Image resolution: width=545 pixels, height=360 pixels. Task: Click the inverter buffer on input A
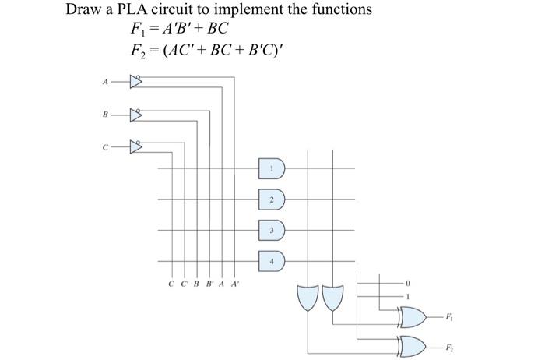coord(137,79)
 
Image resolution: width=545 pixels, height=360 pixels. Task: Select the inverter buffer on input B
coord(137,114)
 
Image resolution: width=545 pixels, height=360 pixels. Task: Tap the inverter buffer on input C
coord(137,145)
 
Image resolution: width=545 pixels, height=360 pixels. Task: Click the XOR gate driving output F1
coord(413,316)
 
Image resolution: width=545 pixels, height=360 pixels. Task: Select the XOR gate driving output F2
coord(413,343)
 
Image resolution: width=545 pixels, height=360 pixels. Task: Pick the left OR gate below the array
coord(308,296)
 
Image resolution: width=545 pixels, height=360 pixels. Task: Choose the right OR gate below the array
coord(332,296)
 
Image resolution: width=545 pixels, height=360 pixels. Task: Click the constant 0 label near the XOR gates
coord(406,283)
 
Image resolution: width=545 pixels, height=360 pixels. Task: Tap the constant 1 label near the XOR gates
coord(406,297)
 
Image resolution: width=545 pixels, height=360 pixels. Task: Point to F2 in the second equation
coord(139,52)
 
